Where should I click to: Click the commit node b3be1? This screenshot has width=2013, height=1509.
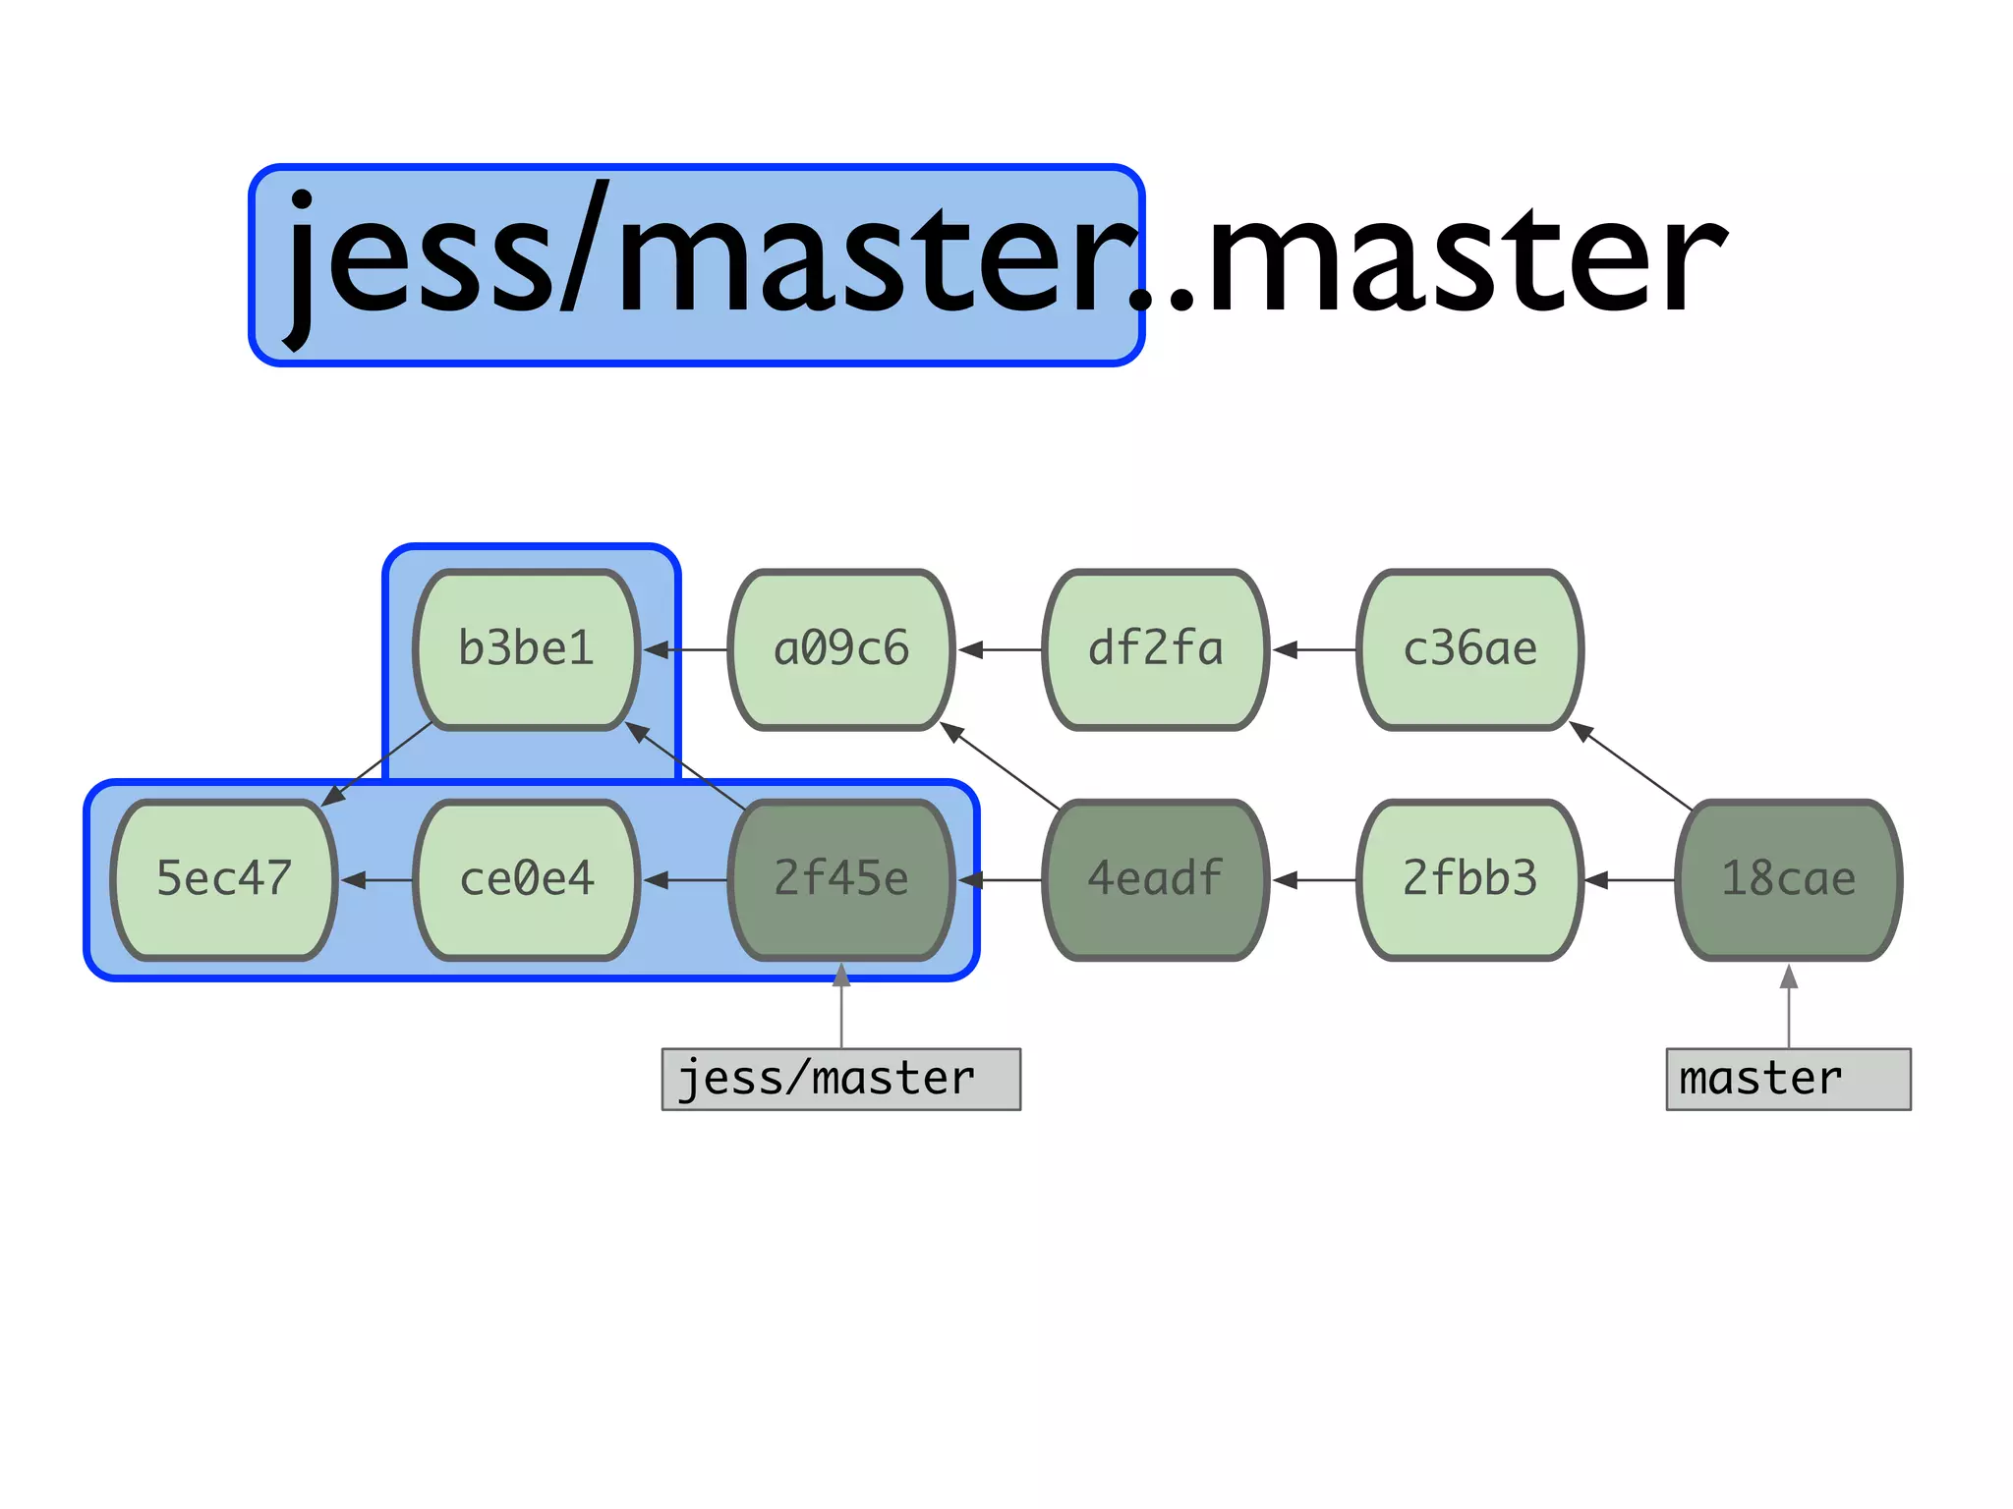pos(527,649)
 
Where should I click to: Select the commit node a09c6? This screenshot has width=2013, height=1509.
pos(841,649)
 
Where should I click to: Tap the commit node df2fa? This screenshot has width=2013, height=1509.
pos(1156,649)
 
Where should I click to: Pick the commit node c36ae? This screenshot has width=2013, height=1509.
pos(1470,649)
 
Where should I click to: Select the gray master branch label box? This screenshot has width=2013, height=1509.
pos(1789,1079)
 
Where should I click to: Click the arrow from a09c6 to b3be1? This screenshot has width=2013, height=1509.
pos(686,649)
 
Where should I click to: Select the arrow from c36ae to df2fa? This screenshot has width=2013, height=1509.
pos(1315,649)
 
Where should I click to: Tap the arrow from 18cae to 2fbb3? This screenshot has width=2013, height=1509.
pos(1630,880)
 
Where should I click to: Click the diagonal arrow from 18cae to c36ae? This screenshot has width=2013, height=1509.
pos(1632,766)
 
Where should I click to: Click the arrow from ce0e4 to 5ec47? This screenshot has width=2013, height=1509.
pos(377,880)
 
